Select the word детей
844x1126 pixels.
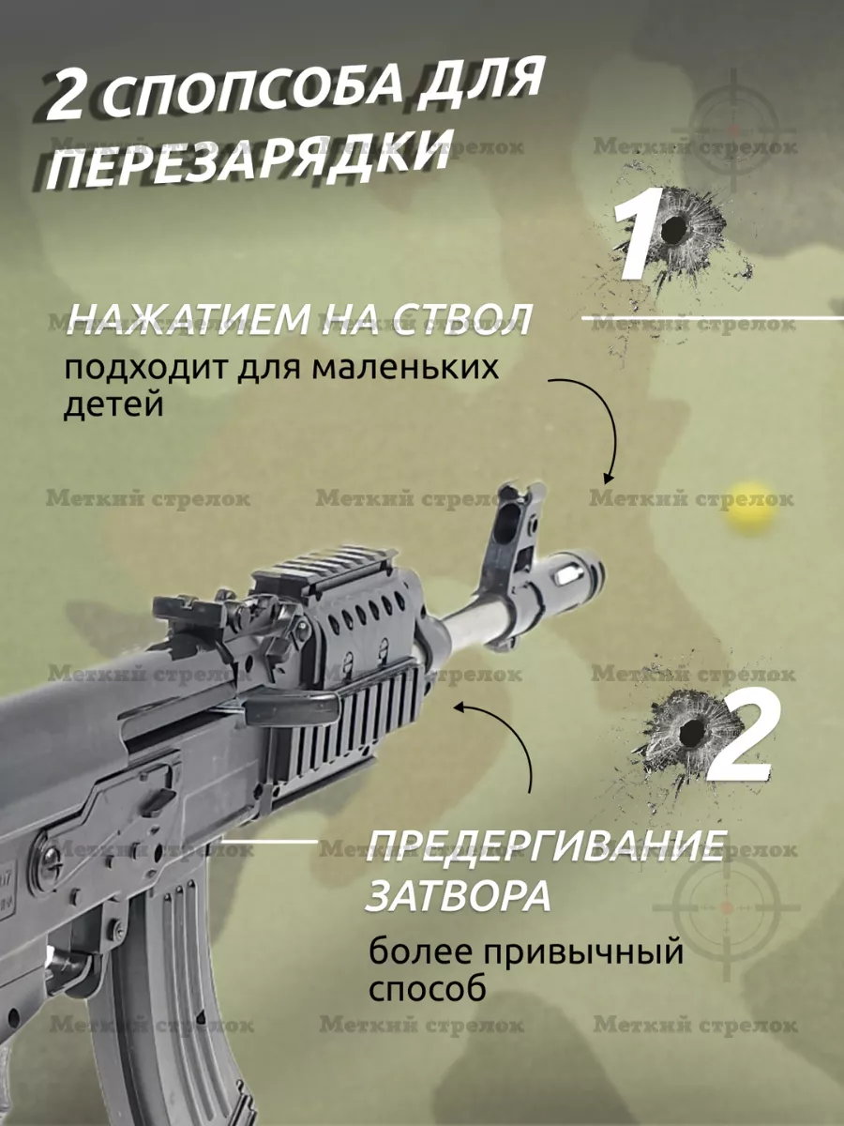113,404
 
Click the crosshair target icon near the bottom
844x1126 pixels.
726,907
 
